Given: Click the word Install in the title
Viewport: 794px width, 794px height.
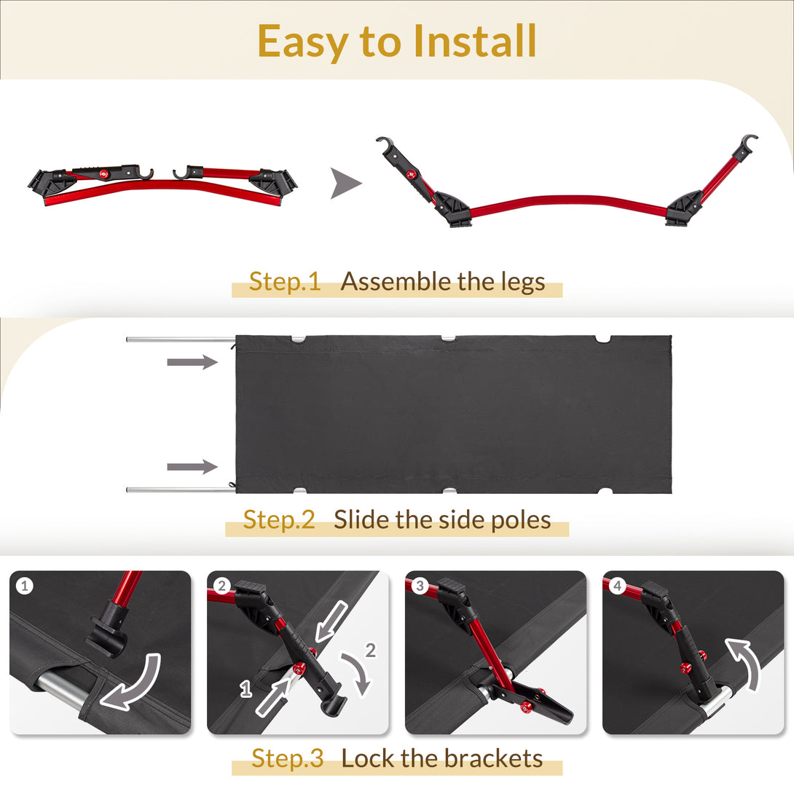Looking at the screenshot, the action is [x=474, y=41].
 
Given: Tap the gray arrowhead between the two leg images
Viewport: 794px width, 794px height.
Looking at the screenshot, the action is [x=345, y=183].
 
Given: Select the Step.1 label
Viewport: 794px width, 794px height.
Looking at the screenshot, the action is [x=285, y=282].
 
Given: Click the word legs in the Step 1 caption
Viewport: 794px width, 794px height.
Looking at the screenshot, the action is [x=523, y=283].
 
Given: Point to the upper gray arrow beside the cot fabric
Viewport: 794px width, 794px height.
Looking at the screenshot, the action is [x=192, y=361].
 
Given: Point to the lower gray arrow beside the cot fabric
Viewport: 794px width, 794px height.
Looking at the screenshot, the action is [x=192, y=466].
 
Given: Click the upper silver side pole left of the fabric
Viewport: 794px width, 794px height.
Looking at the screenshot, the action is [x=181, y=339].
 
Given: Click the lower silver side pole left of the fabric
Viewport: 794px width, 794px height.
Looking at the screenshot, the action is [x=181, y=490].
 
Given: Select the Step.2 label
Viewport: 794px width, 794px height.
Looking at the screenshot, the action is [x=279, y=520].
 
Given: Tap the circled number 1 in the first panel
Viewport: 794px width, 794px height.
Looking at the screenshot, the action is [x=24, y=586].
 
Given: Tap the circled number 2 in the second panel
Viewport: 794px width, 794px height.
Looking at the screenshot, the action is [x=221, y=586].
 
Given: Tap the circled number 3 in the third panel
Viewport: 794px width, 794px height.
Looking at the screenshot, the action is [x=420, y=586].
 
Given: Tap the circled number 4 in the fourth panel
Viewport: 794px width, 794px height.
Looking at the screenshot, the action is [x=617, y=586].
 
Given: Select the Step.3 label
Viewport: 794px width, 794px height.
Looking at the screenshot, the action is [x=288, y=758].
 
